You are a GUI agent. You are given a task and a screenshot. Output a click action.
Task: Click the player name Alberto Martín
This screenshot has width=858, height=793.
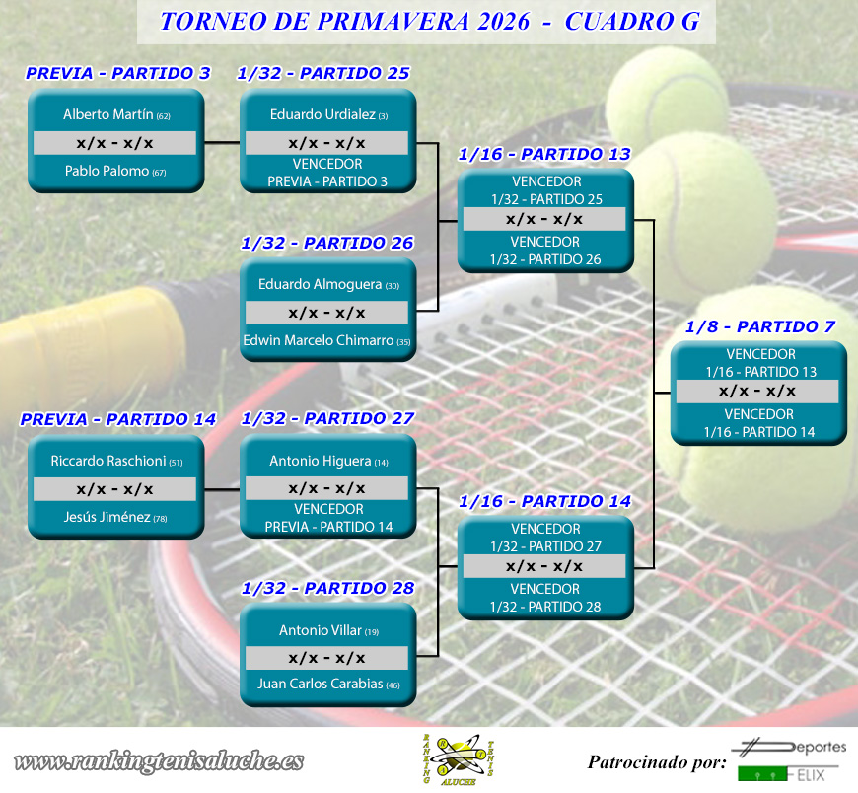coord(108,114)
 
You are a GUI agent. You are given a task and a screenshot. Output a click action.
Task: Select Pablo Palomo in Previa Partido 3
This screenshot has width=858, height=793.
coord(107,171)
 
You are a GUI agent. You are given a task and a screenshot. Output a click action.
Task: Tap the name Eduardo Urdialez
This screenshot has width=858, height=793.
coord(322,114)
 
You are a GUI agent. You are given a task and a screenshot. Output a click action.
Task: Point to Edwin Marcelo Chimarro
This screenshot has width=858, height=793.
coord(318,340)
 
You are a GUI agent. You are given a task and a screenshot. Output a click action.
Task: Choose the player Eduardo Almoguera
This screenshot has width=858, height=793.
coord(321,284)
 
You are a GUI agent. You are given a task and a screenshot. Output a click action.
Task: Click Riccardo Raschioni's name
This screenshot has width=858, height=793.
coord(108,461)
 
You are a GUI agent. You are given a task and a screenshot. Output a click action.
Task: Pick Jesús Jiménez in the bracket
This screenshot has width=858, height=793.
coord(107,517)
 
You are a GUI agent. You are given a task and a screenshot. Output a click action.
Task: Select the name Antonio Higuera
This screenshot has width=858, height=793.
coord(321,461)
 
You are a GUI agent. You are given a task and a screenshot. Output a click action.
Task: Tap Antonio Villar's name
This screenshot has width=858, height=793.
coord(321,630)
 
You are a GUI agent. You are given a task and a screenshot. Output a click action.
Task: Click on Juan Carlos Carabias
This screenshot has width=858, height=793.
coord(321,684)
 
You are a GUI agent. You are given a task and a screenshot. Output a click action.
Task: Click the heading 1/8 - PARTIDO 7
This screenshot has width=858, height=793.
coord(760,326)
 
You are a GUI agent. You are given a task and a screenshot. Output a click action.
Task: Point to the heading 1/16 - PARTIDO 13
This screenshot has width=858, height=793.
coord(544,154)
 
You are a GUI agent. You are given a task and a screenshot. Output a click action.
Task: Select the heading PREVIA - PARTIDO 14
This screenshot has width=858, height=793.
coord(118,419)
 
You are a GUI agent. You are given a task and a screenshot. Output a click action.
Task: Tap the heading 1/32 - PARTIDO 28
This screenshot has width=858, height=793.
coord(328,588)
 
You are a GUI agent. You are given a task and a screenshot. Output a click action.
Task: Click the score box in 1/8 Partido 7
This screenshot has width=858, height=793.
coord(757,392)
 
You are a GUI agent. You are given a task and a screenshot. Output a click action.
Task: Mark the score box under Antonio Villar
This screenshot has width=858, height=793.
coord(326,658)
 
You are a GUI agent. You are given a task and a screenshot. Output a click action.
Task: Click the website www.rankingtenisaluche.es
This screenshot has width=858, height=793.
coord(159,761)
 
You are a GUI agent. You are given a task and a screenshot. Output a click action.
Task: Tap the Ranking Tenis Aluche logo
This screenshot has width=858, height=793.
coord(459,759)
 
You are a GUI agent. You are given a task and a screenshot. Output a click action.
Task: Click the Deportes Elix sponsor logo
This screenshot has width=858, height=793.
coord(789,760)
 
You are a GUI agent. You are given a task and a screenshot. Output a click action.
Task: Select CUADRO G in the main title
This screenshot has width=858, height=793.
coord(632,22)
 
